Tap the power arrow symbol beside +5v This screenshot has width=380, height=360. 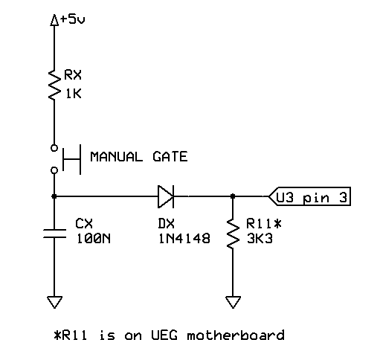pos(54,22)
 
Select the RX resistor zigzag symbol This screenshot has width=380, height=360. pos(54,86)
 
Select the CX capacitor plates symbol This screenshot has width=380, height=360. pos(54,233)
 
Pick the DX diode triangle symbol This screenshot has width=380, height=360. pos(166,197)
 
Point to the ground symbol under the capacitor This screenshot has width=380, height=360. pos(54,301)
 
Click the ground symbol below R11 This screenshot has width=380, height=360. pos(233,301)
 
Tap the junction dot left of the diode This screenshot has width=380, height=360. pos(54,197)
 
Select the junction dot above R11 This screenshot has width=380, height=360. pos(233,197)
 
